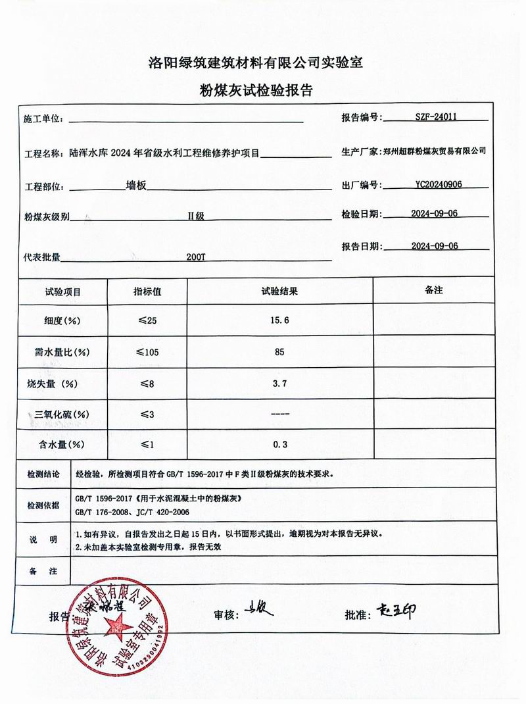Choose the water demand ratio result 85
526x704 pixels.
pos(280,352)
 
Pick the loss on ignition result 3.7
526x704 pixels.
pos(280,383)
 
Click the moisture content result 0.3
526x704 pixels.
pos(280,445)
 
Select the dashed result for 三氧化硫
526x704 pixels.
pos(280,414)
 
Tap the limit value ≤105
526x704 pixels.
pos(148,352)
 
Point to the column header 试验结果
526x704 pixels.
pos(280,291)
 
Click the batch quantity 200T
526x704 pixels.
pos(196,257)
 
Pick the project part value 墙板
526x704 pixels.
pos(136,186)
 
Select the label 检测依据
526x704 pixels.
pos(43,505)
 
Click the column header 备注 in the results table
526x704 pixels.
pos(433,290)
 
